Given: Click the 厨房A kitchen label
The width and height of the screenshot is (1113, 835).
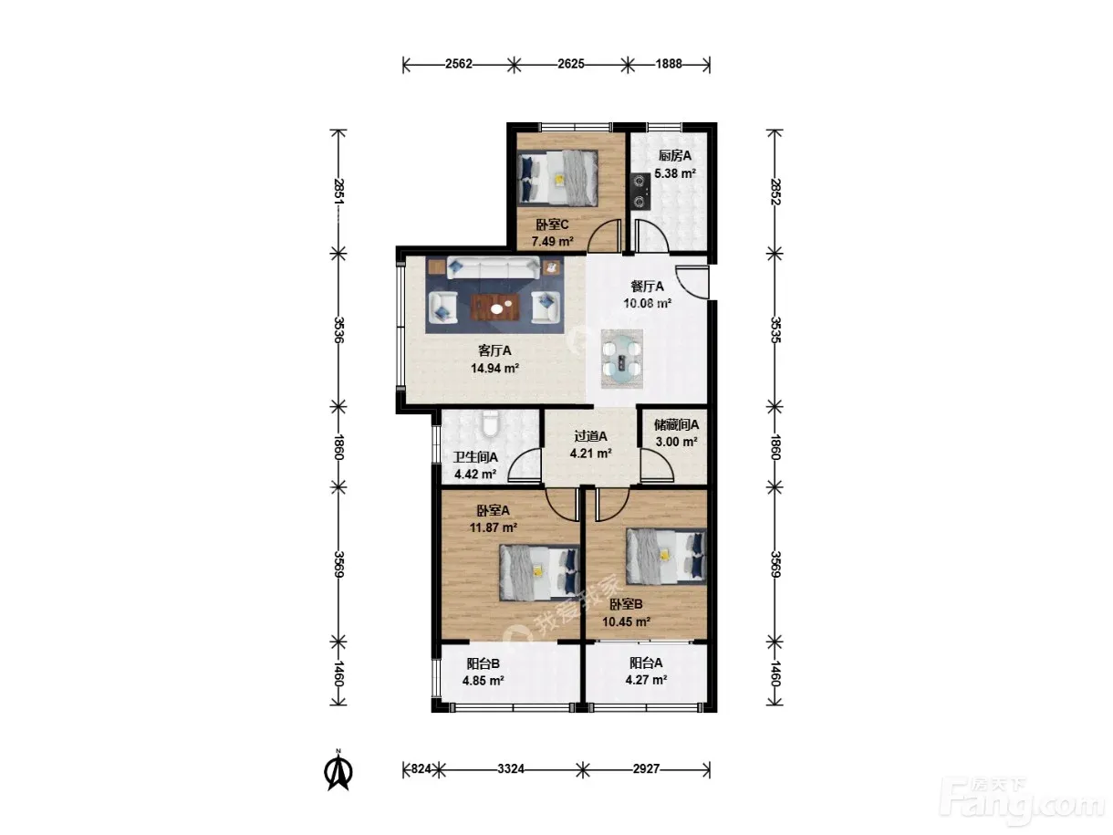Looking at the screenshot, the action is (x=674, y=156).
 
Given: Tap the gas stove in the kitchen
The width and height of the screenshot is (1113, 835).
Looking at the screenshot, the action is (x=640, y=191).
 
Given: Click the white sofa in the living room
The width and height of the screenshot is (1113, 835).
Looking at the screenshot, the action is (x=494, y=268).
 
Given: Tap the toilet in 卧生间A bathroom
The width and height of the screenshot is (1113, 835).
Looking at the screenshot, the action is (x=490, y=423).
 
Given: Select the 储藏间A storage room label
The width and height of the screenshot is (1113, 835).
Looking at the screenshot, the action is (x=676, y=424).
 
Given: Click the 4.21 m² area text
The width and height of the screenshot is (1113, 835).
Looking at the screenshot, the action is (x=590, y=454).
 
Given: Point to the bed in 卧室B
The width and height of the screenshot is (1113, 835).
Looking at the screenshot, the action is (x=666, y=557).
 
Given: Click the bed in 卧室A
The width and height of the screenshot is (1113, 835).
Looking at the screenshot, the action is (x=539, y=573).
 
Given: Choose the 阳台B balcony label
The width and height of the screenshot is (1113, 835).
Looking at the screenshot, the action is (x=484, y=663).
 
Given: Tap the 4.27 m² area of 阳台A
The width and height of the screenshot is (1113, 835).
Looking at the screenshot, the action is (x=646, y=679).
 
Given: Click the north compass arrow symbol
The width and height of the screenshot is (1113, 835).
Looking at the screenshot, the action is (x=338, y=772).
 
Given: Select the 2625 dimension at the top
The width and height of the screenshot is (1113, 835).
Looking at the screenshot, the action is (x=571, y=64).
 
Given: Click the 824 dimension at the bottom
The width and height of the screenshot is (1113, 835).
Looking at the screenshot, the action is (x=421, y=769).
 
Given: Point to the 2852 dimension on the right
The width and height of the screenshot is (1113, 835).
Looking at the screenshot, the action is (x=775, y=192).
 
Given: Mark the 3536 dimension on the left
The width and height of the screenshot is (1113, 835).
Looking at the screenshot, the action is (x=338, y=330).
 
